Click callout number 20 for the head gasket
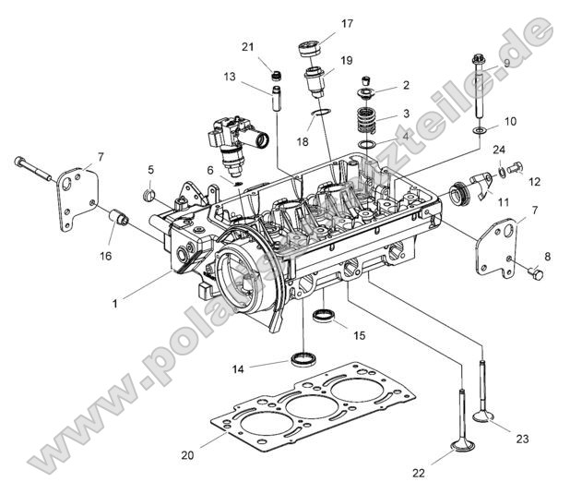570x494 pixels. pos(188,455)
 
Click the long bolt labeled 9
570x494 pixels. pos(479,92)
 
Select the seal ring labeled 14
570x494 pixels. pos(303,357)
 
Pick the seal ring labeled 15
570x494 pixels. pos(324,318)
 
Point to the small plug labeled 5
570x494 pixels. pos(148,196)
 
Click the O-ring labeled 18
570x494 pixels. pos(319,114)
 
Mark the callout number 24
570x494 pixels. pos(498,150)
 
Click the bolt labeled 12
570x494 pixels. pos(515,167)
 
